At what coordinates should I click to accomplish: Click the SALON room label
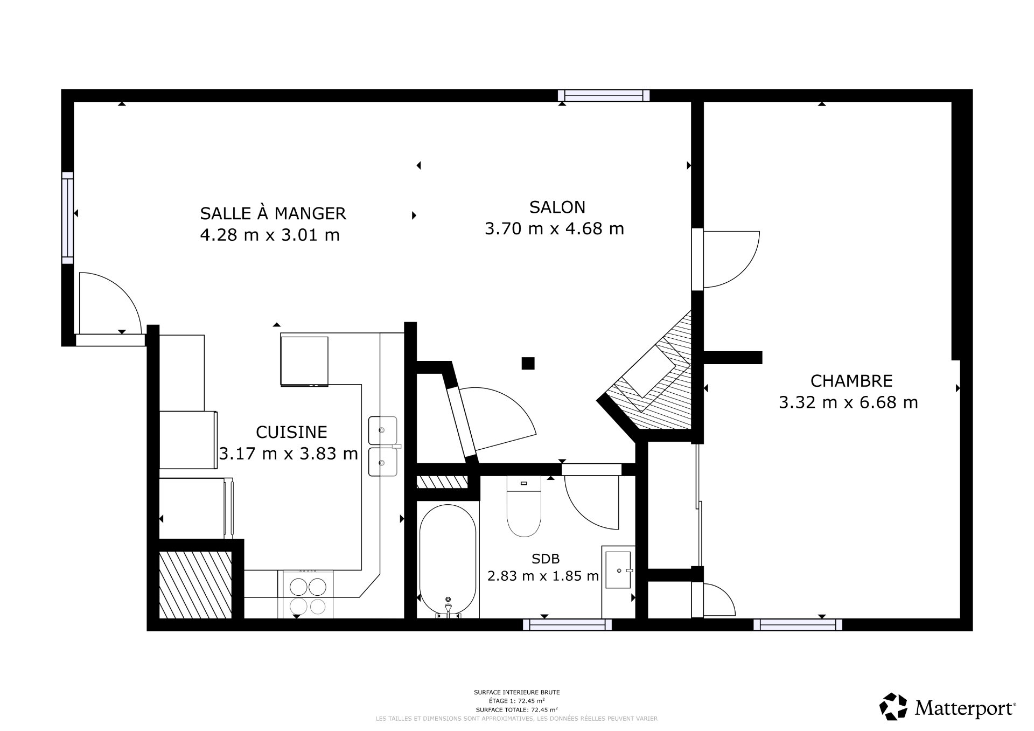click(x=557, y=207)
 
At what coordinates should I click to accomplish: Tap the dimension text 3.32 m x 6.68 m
click(x=848, y=402)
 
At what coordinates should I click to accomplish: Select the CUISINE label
click(x=291, y=432)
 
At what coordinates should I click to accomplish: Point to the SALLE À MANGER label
click(x=273, y=214)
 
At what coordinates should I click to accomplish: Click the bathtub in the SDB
click(x=448, y=560)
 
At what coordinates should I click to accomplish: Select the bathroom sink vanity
click(x=618, y=571)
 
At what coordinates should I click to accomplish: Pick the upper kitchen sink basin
click(x=383, y=430)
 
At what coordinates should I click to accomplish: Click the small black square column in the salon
click(x=528, y=364)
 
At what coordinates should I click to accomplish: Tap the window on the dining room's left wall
click(x=67, y=218)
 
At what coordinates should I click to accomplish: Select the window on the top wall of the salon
click(x=604, y=95)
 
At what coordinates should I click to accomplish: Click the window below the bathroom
click(x=568, y=624)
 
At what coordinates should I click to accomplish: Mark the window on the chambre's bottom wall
click(x=798, y=624)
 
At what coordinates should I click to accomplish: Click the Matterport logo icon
click(x=893, y=706)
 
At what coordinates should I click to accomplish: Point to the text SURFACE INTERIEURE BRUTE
click(x=516, y=692)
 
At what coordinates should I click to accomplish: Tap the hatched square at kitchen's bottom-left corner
click(x=195, y=584)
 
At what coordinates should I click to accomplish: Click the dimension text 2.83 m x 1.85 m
click(x=543, y=576)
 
